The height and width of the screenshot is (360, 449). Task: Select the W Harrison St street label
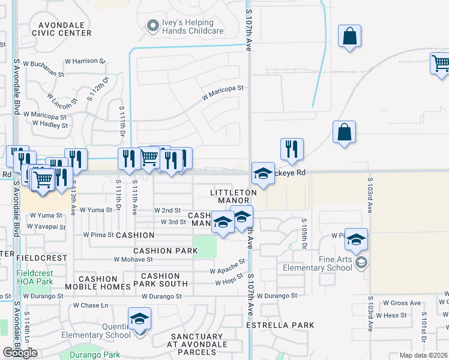pyautogui.click(x=85, y=61)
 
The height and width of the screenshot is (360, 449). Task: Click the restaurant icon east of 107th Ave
pyautogui.click(x=292, y=149)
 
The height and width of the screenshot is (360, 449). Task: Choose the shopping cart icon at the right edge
pyautogui.click(x=441, y=63)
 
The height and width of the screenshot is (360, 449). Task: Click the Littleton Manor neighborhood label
pyautogui.click(x=234, y=196)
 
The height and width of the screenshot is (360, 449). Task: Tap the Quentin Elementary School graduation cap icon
pyautogui.click(x=139, y=319)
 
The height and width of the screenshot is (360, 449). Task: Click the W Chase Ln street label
pyautogui.click(x=91, y=305)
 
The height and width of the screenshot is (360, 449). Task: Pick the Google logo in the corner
pyautogui.click(x=20, y=353)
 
